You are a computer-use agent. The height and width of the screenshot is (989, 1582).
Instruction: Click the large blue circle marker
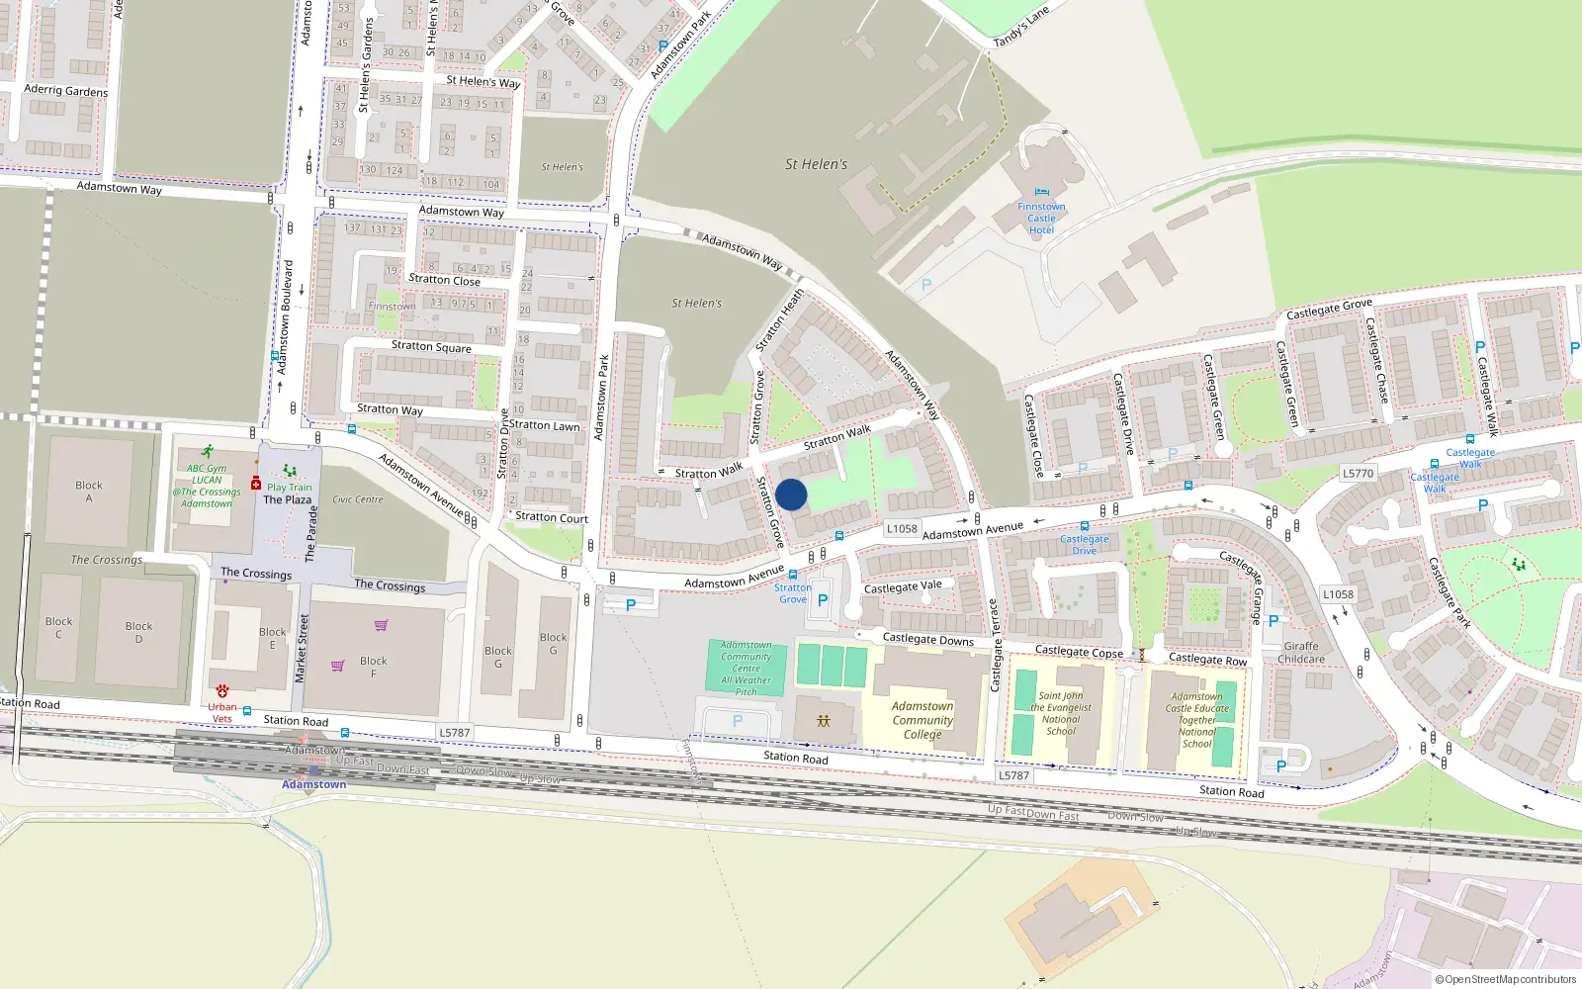(791, 494)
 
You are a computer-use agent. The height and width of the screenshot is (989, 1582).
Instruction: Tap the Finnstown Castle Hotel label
(1041, 219)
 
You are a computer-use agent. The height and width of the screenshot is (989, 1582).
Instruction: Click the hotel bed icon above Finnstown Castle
(1041, 193)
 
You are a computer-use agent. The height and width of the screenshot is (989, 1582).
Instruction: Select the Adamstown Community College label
(923, 720)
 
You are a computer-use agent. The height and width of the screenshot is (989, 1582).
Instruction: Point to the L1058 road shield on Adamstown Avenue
(902, 529)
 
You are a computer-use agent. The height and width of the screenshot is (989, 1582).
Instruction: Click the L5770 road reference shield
(1358, 474)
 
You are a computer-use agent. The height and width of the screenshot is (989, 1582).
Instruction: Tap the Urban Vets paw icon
(221, 691)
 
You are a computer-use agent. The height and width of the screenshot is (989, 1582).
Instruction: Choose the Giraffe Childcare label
(1300, 653)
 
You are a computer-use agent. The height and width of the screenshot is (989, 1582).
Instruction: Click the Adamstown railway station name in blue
(313, 784)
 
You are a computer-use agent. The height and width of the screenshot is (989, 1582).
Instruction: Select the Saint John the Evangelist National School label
(1061, 713)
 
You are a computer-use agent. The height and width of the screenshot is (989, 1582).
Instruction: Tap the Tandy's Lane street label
(1020, 28)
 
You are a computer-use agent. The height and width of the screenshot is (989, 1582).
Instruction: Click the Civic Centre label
(358, 499)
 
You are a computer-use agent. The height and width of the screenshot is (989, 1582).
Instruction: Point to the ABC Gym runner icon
(207, 451)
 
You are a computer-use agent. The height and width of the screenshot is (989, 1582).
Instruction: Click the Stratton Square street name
(431, 347)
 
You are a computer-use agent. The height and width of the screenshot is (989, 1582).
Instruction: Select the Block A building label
(88, 492)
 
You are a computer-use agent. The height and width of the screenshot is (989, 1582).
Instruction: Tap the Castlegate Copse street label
(1079, 652)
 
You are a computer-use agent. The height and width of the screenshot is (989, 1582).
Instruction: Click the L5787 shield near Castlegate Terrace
(1013, 775)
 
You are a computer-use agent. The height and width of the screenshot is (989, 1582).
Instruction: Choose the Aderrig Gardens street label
(65, 90)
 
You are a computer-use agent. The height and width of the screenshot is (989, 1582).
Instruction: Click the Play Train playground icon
(289, 471)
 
